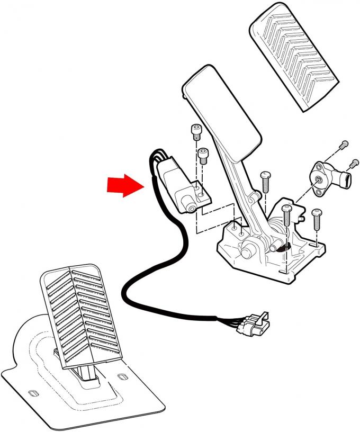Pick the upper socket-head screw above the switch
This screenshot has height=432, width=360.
click(195, 131)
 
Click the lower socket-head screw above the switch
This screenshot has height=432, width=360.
click(202, 155)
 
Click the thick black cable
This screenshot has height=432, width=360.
click(143, 265)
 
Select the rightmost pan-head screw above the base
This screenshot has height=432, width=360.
click(317, 217)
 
